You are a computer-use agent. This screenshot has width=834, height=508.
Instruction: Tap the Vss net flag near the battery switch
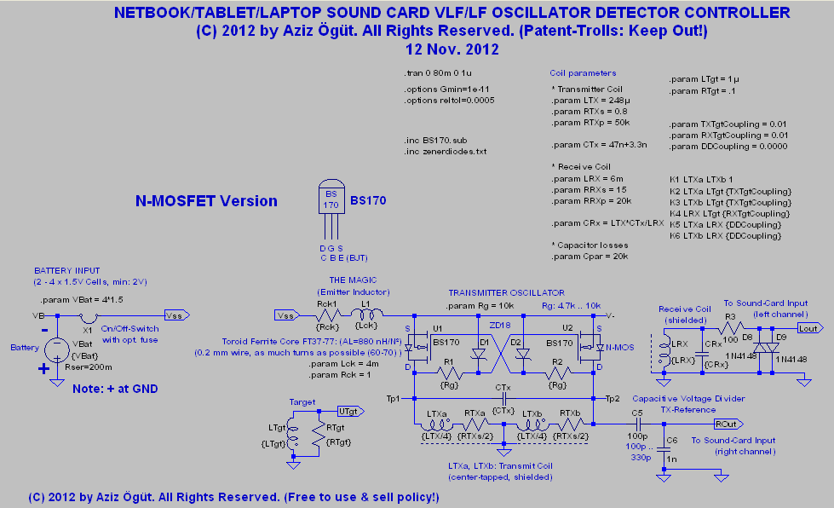tap(173, 315)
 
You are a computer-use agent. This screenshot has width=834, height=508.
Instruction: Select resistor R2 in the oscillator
tap(558, 373)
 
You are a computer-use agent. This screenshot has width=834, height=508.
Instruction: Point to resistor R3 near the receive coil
tap(731, 326)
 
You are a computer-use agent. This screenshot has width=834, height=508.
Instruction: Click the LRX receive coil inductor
tap(658, 351)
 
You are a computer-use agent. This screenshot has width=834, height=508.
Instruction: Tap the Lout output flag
tap(808, 326)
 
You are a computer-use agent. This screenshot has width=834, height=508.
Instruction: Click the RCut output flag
tap(726, 424)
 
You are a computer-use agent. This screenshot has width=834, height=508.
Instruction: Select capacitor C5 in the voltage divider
tap(636, 424)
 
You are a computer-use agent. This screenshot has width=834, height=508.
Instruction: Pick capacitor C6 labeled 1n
tap(660, 448)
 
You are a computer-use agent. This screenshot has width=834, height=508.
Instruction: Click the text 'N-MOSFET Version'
tap(206, 202)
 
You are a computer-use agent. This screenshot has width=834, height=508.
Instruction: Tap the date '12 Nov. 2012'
tap(452, 50)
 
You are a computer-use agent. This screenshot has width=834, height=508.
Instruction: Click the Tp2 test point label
tap(613, 398)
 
